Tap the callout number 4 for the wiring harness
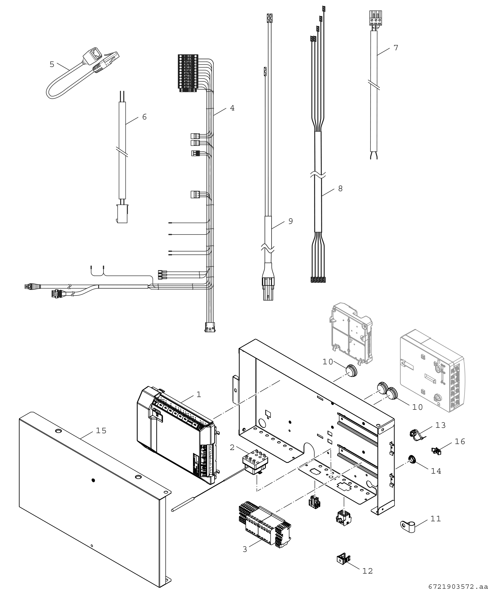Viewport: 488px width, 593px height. coord(232,108)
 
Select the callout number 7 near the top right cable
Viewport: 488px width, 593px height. coord(396,48)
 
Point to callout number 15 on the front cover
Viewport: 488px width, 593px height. coord(101,431)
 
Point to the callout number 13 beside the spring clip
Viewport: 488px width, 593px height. coord(441,425)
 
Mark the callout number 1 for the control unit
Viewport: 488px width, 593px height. coord(199,395)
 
